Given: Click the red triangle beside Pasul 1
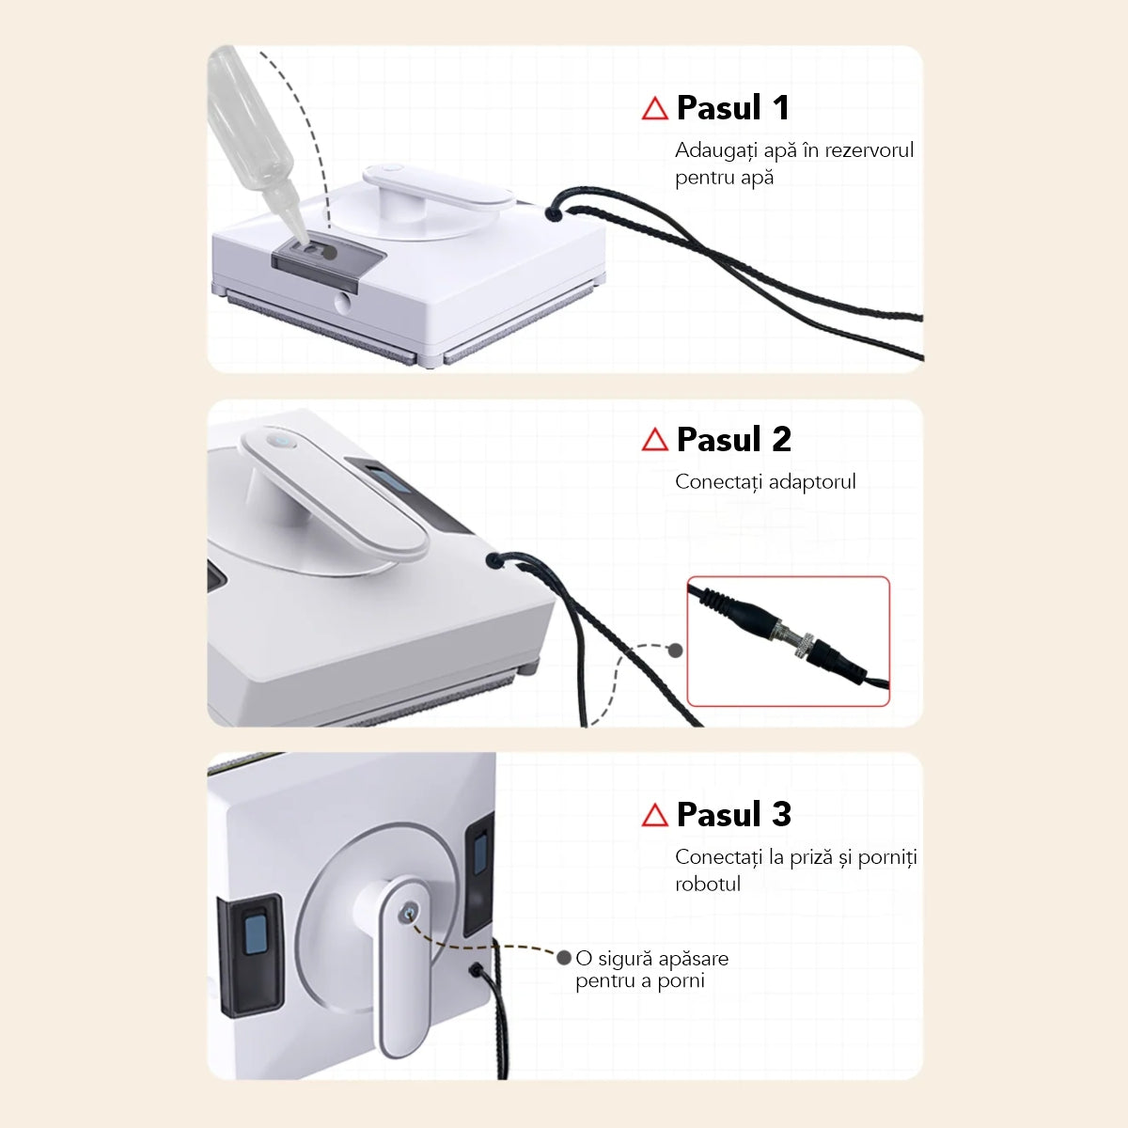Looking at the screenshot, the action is click(x=654, y=109).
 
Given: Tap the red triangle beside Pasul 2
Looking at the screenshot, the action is click(x=654, y=440).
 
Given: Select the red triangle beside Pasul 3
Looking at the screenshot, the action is click(x=654, y=815).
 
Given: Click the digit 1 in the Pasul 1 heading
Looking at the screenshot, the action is click(x=781, y=108).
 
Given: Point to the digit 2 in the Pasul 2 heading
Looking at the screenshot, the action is click(x=781, y=439).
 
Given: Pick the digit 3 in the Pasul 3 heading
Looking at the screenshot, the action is click(x=781, y=814).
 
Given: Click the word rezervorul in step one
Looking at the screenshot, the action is click(x=869, y=150).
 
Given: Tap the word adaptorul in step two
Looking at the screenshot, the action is click(x=812, y=482).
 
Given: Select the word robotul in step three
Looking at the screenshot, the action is click(x=708, y=884).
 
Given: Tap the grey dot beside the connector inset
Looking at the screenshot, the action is click(x=676, y=650).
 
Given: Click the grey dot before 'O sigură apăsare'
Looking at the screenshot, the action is click(x=564, y=958).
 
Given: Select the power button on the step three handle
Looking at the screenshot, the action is click(x=409, y=911).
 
